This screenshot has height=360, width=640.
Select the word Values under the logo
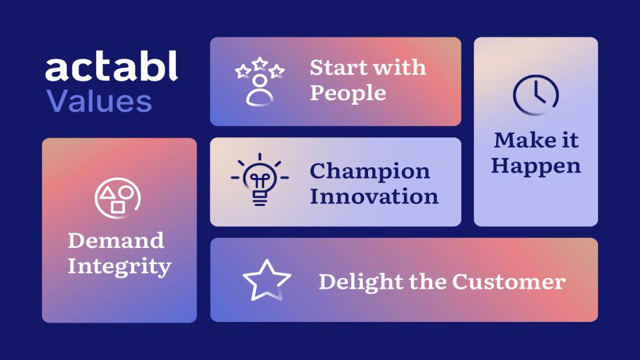(99, 102)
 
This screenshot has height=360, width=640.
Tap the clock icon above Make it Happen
(535, 93)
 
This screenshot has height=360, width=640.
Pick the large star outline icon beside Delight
(267, 280)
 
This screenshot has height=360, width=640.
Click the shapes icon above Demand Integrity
(118, 198)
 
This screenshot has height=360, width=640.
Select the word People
(347, 93)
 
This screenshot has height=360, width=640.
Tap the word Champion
(369, 171)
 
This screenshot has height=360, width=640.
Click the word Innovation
(374, 197)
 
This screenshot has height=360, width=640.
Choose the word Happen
(536, 165)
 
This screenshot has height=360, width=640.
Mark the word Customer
(509, 281)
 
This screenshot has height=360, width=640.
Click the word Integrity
(119, 267)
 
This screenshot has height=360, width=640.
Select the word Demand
(116, 240)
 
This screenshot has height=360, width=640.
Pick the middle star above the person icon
(259, 64)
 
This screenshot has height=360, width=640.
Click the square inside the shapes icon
(118, 207)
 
